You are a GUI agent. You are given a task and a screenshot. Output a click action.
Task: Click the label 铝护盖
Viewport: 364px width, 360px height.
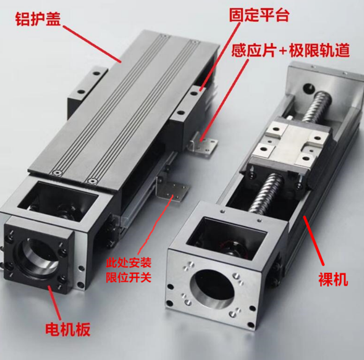[x=38, y=19]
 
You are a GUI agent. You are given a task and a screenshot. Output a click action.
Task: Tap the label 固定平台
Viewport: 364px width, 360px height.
[x=259, y=15]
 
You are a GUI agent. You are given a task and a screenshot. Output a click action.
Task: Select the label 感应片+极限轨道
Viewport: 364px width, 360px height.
[x=290, y=50]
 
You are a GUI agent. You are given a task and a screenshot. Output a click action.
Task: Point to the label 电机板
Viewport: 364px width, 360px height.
[x=68, y=329]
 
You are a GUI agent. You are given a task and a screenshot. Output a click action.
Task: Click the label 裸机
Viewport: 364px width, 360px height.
[x=333, y=279]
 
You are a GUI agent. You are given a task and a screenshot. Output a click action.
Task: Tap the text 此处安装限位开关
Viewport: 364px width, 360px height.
[x=128, y=269]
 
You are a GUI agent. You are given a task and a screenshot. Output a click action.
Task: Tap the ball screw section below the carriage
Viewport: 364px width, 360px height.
[x=266, y=193]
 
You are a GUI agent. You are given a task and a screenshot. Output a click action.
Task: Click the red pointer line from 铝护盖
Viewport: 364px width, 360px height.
[x=92, y=44]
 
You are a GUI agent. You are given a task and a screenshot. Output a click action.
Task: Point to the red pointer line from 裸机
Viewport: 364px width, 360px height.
[x=314, y=240]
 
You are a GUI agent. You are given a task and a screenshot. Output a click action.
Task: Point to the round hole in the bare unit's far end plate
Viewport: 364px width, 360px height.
[x=309, y=88]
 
